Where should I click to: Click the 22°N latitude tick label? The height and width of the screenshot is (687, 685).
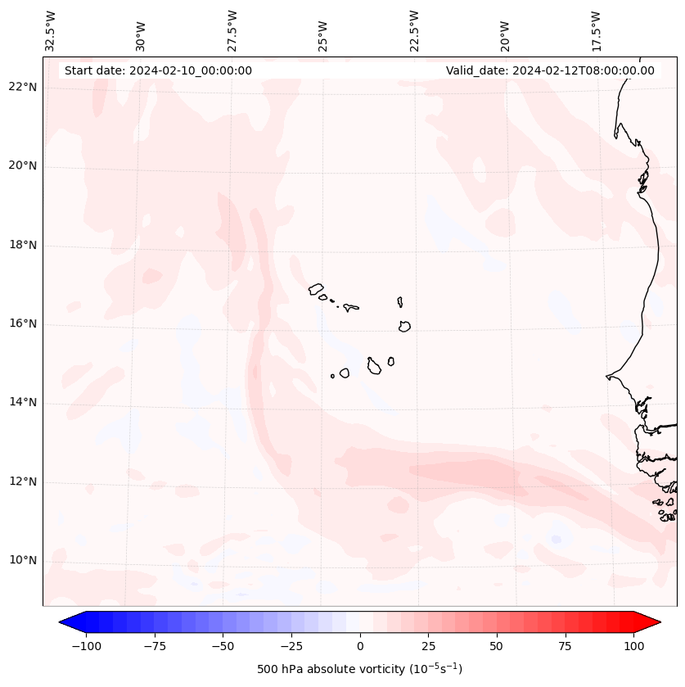click(23, 88)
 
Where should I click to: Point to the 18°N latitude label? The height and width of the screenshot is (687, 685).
click(23, 245)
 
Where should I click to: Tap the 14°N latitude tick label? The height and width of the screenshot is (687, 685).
click(23, 403)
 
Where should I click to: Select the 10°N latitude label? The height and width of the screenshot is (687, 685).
click(23, 560)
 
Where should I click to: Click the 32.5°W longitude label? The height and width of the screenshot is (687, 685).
click(51, 31)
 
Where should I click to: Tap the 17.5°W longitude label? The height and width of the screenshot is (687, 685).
click(596, 31)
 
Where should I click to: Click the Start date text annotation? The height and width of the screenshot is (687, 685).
click(158, 70)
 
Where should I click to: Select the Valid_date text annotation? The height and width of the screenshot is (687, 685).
click(550, 70)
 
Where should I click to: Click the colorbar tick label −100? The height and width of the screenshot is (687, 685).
click(86, 646)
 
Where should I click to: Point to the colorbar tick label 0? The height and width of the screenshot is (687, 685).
click(360, 646)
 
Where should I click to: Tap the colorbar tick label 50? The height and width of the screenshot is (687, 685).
click(497, 646)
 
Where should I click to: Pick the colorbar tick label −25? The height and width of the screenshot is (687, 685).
click(291, 646)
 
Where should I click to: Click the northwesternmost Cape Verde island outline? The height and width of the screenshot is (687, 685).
click(316, 288)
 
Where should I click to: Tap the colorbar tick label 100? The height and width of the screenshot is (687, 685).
click(633, 646)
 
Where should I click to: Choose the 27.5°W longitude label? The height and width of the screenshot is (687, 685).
click(232, 31)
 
